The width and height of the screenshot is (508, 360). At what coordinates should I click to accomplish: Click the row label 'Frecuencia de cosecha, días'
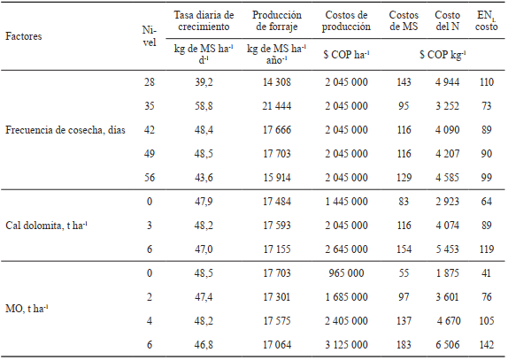click(66, 131)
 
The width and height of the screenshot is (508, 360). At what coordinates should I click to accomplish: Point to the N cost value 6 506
click(450, 342)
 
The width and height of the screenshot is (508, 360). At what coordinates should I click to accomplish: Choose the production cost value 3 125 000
click(348, 342)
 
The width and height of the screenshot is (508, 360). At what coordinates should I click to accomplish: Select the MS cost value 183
click(404, 342)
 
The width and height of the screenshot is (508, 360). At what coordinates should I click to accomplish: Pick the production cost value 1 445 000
click(348, 202)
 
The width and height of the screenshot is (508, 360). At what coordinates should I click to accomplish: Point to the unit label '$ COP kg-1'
click(435, 55)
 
